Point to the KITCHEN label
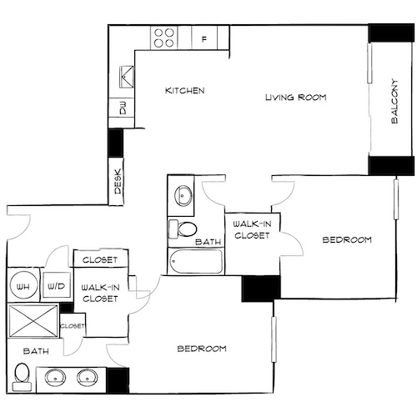tap(184, 91)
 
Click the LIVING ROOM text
tap(295, 98)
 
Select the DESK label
tap(118, 182)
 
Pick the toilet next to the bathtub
tap(185, 229)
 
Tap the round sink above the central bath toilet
tap(183, 196)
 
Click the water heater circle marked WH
tap(23, 286)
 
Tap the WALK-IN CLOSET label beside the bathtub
tap(252, 230)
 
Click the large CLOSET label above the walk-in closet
tap(101, 260)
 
